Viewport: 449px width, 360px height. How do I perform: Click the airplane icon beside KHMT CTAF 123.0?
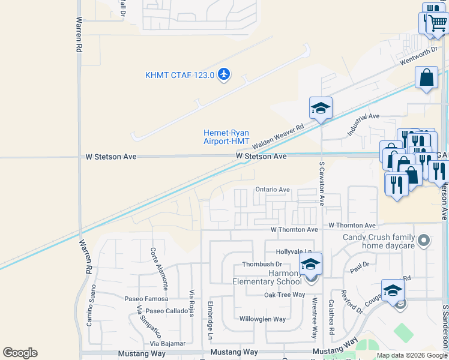(224, 74)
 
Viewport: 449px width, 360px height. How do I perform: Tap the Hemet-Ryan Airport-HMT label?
(226, 137)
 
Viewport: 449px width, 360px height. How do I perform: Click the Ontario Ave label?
(273, 190)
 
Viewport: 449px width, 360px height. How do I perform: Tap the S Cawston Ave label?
(322, 182)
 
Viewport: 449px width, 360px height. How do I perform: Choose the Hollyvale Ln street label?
(294, 252)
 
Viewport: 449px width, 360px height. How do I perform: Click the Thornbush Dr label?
(262, 264)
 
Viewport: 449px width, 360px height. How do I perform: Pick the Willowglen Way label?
(262, 319)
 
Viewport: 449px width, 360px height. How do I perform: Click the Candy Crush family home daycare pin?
(424, 241)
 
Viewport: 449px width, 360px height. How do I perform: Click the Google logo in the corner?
(20, 353)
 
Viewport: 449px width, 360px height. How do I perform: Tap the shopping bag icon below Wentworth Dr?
(426, 78)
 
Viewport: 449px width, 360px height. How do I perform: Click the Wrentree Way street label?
(314, 317)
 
